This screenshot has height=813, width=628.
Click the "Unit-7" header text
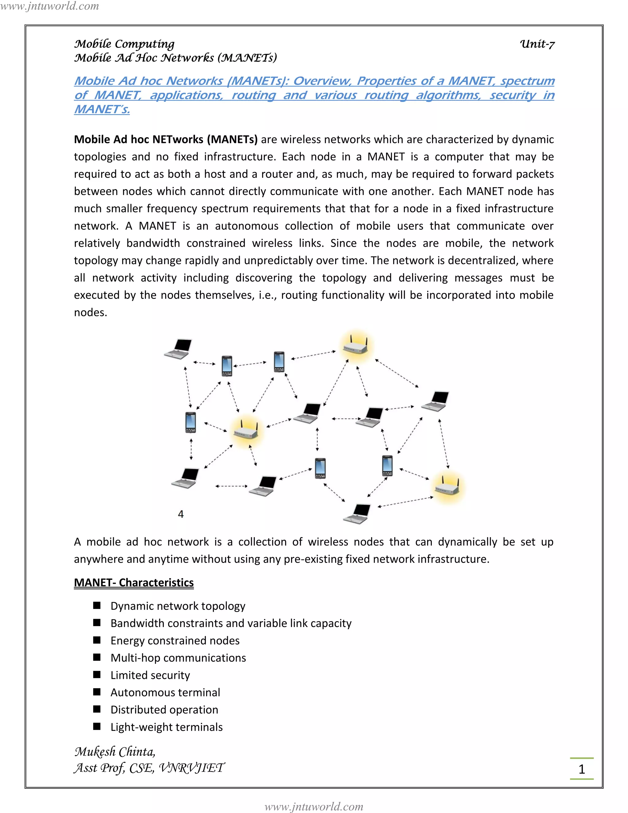[x=537, y=44]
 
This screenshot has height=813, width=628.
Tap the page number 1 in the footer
[x=581, y=769]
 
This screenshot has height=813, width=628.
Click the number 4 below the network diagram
[x=181, y=514]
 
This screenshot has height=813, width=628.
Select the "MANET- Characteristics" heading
[x=134, y=583]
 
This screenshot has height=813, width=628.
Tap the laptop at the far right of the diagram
[x=436, y=401]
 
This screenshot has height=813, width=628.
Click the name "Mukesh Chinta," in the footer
[x=115, y=752]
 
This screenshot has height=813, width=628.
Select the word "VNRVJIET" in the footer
[x=191, y=768]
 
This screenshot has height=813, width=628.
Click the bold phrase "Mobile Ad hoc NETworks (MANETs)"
[x=166, y=140]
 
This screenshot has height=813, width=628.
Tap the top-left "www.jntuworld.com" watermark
[x=49, y=6]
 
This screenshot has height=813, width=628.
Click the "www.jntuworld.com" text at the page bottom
[x=314, y=806]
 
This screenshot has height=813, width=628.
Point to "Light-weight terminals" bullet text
[x=166, y=727]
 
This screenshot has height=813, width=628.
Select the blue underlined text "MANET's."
[x=102, y=110]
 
